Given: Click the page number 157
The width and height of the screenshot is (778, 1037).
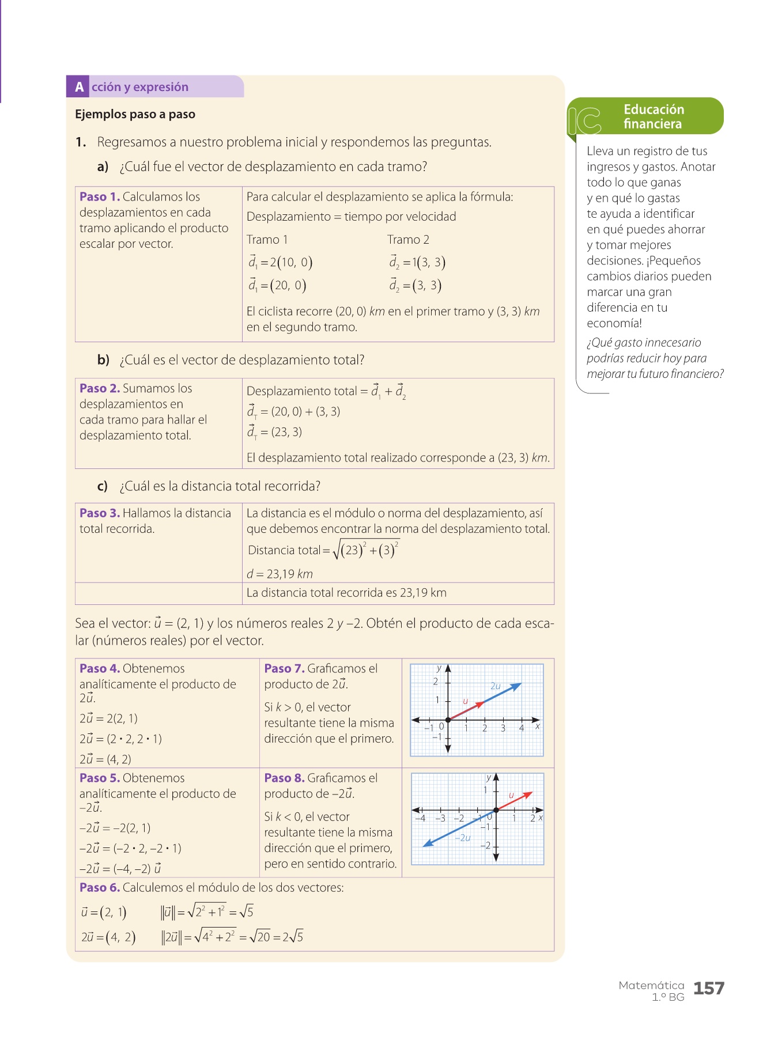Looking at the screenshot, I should pyautogui.click(x=708, y=989).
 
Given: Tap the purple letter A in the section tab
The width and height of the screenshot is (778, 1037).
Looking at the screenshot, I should pyautogui.click(x=79, y=87).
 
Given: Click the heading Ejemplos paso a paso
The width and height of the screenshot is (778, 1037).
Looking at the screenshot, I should pyautogui.click(x=135, y=114).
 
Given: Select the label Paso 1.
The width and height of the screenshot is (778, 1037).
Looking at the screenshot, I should pyautogui.click(x=99, y=197).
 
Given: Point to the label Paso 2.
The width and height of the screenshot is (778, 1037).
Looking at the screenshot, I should pyautogui.click(x=99, y=388).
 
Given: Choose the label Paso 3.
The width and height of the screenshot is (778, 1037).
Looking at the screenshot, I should pyautogui.click(x=99, y=513).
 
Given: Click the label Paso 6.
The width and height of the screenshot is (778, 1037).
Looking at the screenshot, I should pyautogui.click(x=99, y=888).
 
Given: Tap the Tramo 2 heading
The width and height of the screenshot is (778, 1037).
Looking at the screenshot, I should pyautogui.click(x=408, y=240).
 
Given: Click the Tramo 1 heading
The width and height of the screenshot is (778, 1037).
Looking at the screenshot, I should pyautogui.click(x=267, y=240).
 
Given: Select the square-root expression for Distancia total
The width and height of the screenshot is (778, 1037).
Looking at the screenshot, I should pyautogui.click(x=365, y=550).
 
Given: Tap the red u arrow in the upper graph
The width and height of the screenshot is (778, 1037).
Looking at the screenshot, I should pyautogui.click(x=467, y=711).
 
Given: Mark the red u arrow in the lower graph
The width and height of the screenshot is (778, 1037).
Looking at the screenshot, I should pyautogui.click(x=514, y=801).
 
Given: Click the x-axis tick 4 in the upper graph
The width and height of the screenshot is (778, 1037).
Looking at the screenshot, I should pyautogui.click(x=522, y=728).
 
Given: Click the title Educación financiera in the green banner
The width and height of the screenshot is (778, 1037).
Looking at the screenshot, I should pyautogui.click(x=654, y=116).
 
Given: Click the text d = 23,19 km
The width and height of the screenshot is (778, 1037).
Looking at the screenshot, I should pyautogui.click(x=280, y=574).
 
